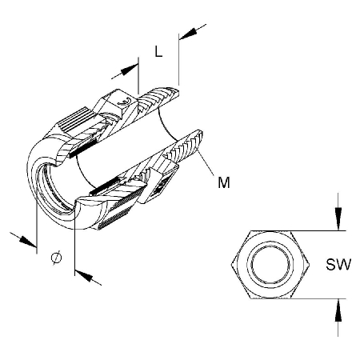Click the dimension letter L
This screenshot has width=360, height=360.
click(158, 51)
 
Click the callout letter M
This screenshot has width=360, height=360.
click(224, 182)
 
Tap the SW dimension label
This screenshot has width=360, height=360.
click(338, 265)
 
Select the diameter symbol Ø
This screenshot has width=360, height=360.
click(56, 258)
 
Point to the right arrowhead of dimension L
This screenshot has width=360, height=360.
click(188, 34)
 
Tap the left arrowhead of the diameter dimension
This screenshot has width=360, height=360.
click(27, 241)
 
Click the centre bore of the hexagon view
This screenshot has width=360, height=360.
click(270, 265)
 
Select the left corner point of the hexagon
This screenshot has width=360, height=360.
click(231, 265)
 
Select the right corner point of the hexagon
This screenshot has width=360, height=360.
click(310, 265)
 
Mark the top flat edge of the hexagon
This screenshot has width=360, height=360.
click(270, 230)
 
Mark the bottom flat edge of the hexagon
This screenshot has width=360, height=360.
click(270, 298)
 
